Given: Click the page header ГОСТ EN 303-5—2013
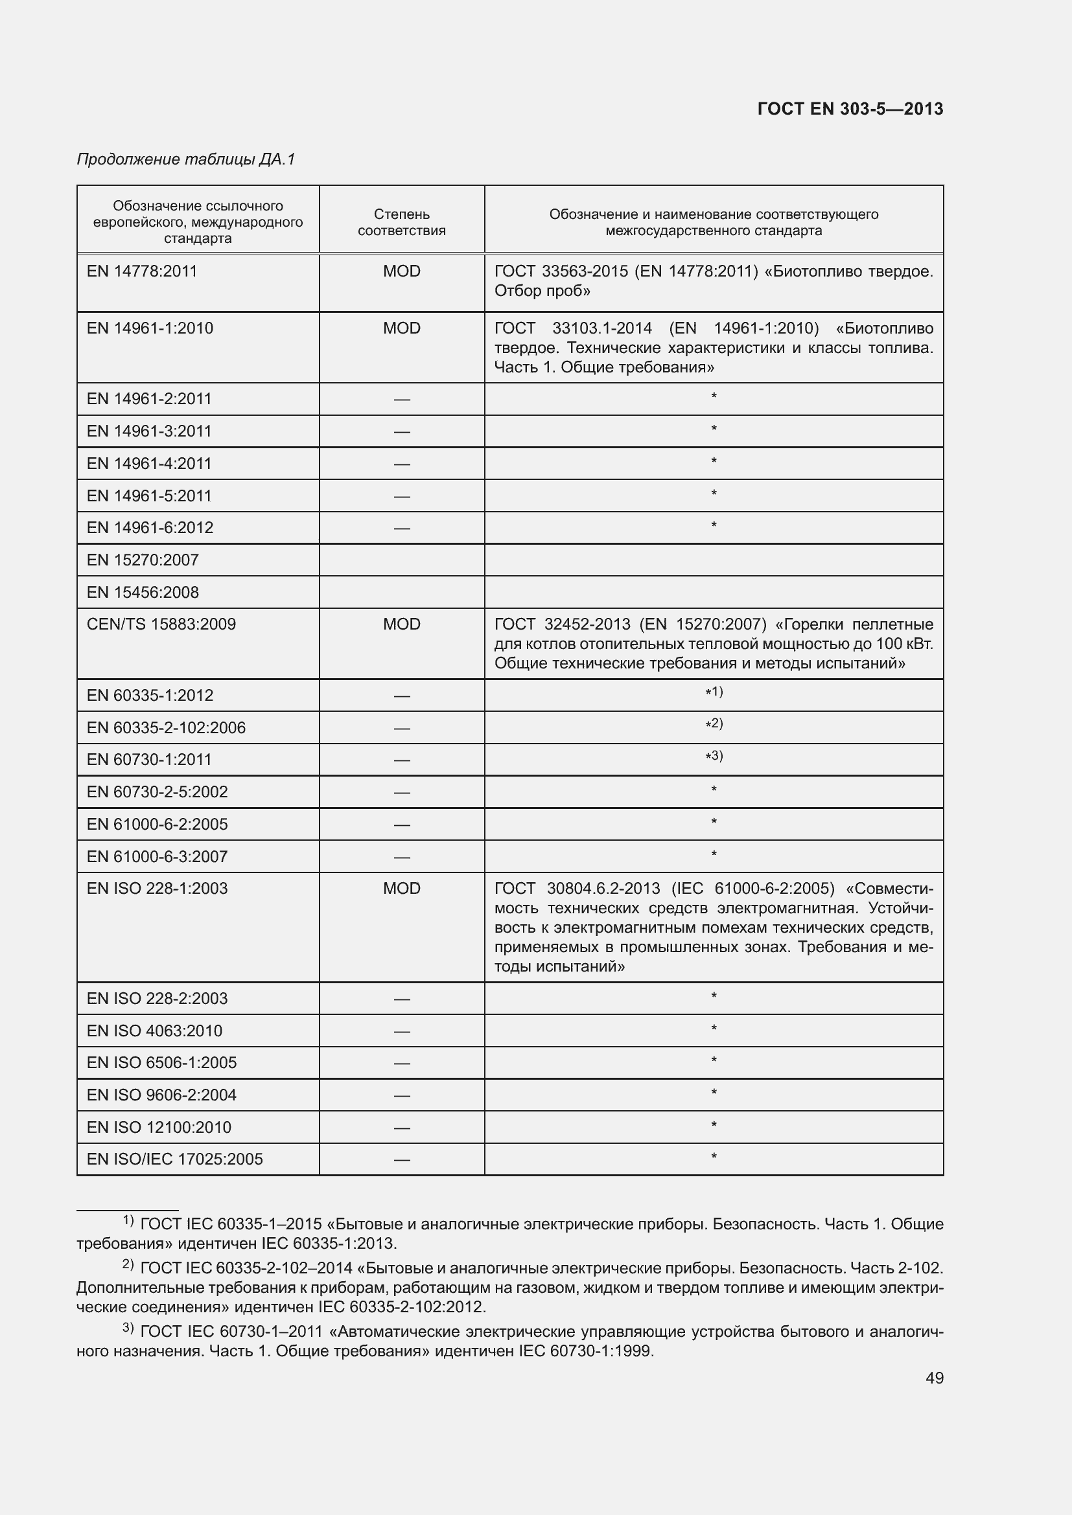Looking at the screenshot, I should point(850,109).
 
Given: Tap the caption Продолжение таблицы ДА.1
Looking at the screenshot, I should point(185,159).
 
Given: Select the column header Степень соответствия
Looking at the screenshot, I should point(401,222).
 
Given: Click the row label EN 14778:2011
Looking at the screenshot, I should point(142,271).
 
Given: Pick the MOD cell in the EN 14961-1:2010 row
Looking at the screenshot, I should point(401,328).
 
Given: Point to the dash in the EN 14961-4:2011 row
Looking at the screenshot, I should point(401,464).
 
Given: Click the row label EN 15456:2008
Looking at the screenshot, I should point(143,593).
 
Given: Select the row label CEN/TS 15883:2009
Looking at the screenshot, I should point(161,624).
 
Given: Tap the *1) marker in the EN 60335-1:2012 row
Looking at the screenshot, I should point(714,692).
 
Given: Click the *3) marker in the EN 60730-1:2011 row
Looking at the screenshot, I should point(714,756).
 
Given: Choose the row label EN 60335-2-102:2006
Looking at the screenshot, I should point(166,728).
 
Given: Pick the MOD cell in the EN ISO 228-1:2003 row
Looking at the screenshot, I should point(401,889).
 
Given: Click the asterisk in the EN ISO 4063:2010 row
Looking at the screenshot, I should point(714,1029).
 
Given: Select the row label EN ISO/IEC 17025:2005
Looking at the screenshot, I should point(174,1159).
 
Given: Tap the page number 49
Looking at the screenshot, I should point(934,1378).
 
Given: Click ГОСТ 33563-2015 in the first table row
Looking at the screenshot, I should point(561,271).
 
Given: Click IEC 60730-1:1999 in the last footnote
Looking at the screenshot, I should point(585,1350).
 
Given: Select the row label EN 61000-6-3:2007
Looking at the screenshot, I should point(157,857).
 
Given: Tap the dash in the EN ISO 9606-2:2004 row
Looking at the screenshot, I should point(401,1095).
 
